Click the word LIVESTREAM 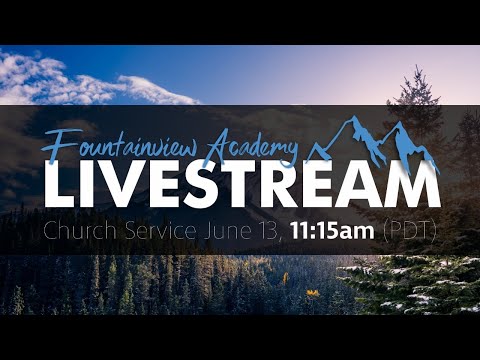(241, 186)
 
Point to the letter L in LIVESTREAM (57, 186)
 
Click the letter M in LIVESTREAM (412, 186)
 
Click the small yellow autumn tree (313, 293)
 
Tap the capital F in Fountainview (56, 143)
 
